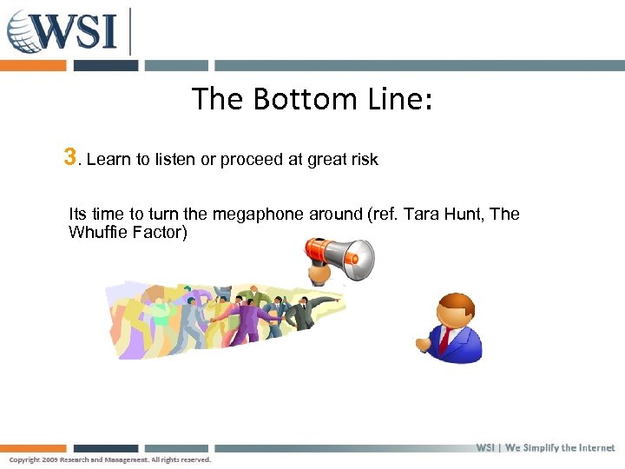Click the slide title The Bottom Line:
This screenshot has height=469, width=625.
(312, 99)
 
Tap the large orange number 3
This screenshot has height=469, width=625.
(69, 157)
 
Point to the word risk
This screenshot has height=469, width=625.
(362, 160)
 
